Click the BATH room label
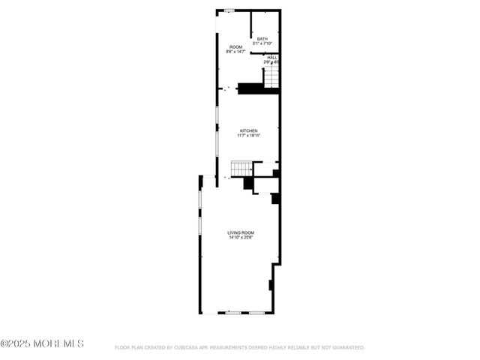262,39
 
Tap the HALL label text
271,57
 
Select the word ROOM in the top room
235,47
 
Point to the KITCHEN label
248,130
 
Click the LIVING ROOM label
241,233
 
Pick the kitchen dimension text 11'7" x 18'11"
248,136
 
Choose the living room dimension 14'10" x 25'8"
241,238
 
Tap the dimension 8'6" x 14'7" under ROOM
235,52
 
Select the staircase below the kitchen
241,168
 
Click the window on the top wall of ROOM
229,10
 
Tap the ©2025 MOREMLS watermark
42,343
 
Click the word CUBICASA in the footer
188,348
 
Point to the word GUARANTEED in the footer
348,348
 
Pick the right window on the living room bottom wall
256,311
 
